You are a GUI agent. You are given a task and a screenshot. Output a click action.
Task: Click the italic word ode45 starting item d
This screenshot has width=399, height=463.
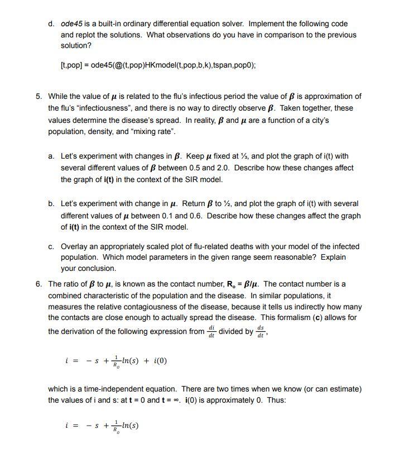pos(70,24)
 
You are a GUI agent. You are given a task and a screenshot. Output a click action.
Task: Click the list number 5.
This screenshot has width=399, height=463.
pos(39,96)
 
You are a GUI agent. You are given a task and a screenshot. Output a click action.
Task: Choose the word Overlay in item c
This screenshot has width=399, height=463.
pos(74,246)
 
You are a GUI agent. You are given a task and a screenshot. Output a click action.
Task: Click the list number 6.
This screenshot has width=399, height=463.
pos(39,284)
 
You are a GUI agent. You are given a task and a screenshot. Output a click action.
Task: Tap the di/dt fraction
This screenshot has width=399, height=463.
pos(211,331)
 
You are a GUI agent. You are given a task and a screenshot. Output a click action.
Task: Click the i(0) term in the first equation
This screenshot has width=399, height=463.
pos(158,360)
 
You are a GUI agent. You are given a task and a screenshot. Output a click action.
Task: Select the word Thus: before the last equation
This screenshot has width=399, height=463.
pos(277,400)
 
